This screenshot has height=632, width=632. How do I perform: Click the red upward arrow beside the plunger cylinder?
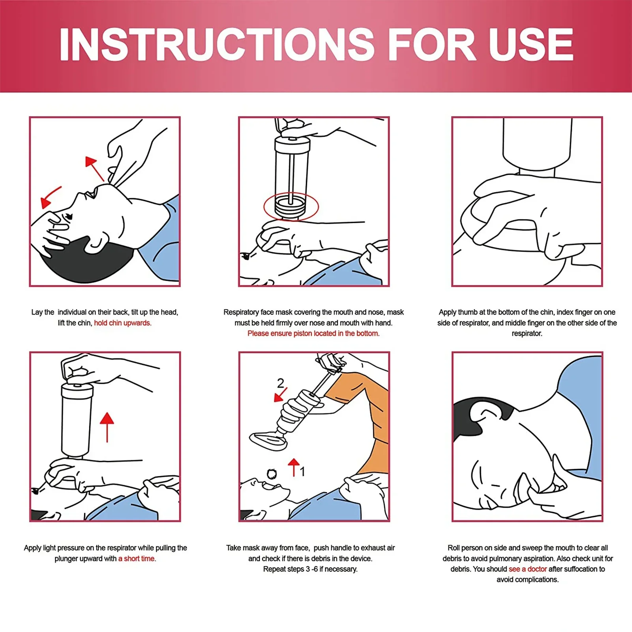pyautogui.click(x=107, y=426)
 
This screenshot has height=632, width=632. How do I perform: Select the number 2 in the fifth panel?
pyautogui.click(x=280, y=383)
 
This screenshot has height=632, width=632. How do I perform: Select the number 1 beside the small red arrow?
pyautogui.click(x=302, y=471)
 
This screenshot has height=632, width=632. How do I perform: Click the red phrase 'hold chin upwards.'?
pyautogui.click(x=122, y=323)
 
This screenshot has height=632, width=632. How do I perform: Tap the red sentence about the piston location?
pyautogui.click(x=313, y=334)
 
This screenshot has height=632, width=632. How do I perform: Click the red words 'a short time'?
pyautogui.click(x=136, y=559)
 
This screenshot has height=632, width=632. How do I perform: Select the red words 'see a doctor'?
pyautogui.click(x=527, y=569)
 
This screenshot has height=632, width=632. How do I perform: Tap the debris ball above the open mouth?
pyautogui.click(x=272, y=474)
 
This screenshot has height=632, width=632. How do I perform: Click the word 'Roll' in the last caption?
pyautogui.click(x=454, y=548)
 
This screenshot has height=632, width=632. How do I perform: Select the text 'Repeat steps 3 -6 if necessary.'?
pyautogui.click(x=310, y=569)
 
